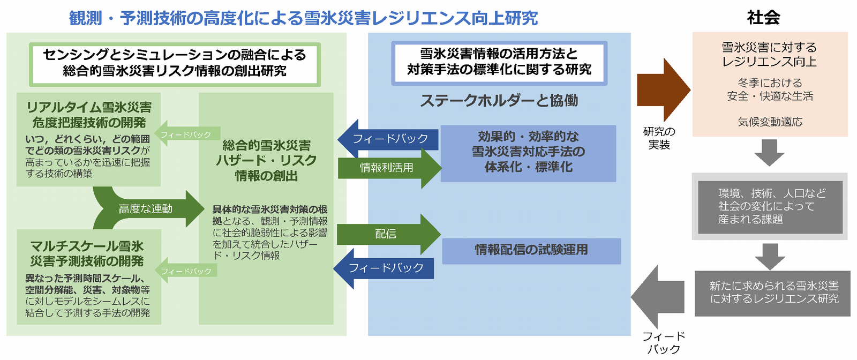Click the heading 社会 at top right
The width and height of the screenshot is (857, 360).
763,18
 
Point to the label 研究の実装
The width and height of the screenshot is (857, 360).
659,138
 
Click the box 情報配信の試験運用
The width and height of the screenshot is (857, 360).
531,250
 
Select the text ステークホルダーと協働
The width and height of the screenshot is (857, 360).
499,101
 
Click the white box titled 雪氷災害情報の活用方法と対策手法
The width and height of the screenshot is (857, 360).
499,62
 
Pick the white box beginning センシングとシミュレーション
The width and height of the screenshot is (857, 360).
175,63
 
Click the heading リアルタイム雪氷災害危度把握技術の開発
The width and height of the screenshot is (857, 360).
89,115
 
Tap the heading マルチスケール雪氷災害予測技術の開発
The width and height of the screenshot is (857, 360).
87,253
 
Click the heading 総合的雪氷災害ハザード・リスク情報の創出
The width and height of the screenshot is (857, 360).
266,160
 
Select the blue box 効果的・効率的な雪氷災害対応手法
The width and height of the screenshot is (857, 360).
528,152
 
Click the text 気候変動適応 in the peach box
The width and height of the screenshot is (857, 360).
770,122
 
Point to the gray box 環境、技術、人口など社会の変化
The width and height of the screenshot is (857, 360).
770,206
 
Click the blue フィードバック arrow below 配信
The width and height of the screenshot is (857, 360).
384,268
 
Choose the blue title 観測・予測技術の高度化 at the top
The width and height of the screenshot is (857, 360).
303,18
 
